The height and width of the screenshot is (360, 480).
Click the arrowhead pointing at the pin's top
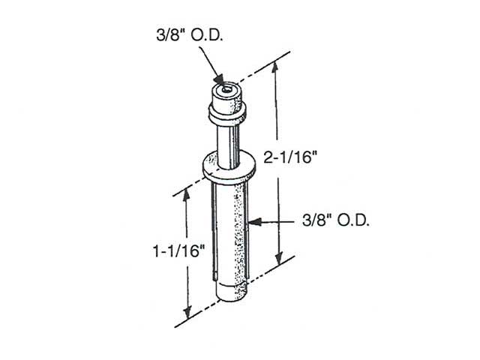pyautogui.click(x=219, y=82)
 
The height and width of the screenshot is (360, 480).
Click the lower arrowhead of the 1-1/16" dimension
pyautogui.click(x=188, y=313)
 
